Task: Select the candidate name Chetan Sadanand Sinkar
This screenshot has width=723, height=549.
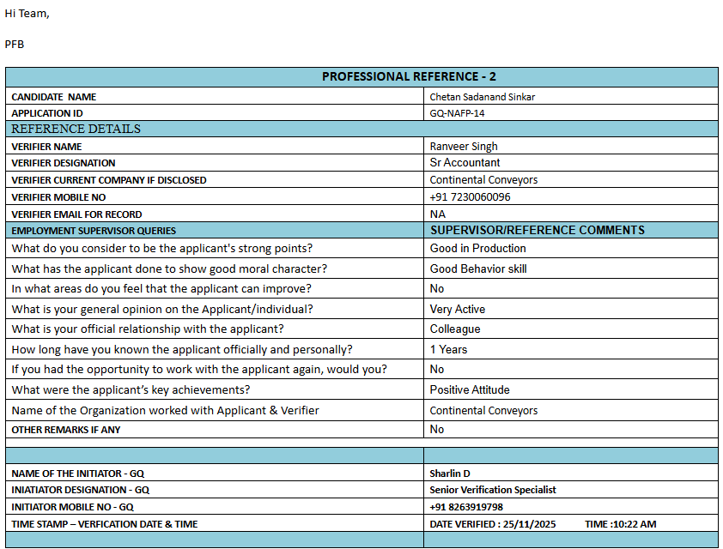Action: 482,97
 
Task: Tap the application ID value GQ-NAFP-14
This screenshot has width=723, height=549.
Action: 457,113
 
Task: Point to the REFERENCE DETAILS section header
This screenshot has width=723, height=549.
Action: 76,129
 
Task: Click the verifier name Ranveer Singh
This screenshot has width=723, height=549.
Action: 464,147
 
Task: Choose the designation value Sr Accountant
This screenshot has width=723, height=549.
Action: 465,163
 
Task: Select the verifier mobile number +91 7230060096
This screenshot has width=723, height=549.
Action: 470,197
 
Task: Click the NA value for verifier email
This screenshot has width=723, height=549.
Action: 437,214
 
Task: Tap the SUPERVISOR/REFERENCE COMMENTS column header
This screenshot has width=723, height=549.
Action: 537,231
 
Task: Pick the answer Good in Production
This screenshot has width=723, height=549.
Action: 477,249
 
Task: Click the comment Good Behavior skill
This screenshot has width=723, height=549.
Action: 478,269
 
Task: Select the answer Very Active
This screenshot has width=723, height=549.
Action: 458,310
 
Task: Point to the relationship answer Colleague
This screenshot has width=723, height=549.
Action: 455,329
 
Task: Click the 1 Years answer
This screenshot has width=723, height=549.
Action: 448,350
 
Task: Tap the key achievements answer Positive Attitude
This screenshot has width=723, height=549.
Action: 470,390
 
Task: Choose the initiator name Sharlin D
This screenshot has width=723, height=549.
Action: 450,474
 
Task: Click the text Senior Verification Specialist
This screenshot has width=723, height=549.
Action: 493,490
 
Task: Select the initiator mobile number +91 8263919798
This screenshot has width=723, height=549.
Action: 466,507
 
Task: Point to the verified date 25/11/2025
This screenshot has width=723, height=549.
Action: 527,524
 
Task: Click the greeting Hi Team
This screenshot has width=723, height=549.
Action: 27,13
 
